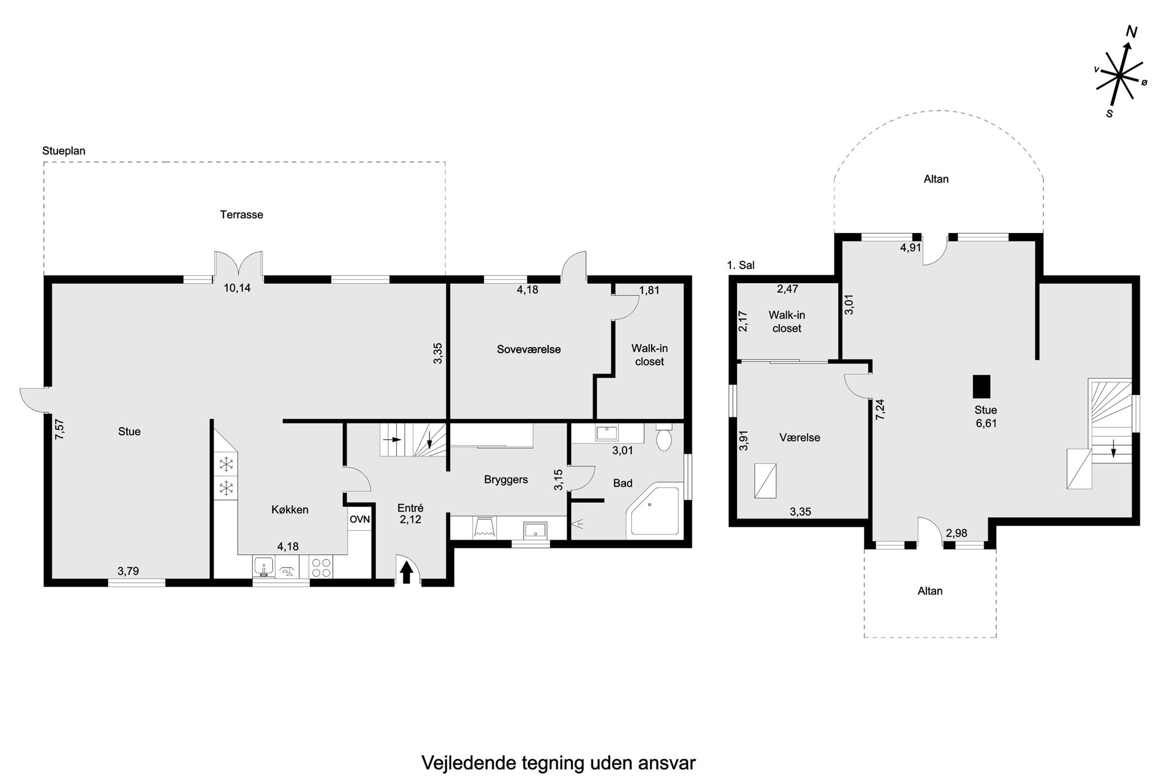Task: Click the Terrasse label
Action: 241,215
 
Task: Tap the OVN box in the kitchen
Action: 360,520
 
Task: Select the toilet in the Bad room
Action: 664,437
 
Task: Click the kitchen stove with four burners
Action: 321,567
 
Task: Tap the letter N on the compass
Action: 1132,33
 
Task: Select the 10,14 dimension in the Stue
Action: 237,288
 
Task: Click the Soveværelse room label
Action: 528,349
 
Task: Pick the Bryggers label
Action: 506,480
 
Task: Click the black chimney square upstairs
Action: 982,386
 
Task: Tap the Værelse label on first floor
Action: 800,438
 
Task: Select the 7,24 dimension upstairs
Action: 880,409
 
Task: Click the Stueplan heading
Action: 64,151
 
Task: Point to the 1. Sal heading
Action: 740,265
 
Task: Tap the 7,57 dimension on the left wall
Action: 59,429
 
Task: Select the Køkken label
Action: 290,510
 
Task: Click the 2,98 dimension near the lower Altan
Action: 957,533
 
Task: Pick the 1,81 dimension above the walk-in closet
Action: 649,290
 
